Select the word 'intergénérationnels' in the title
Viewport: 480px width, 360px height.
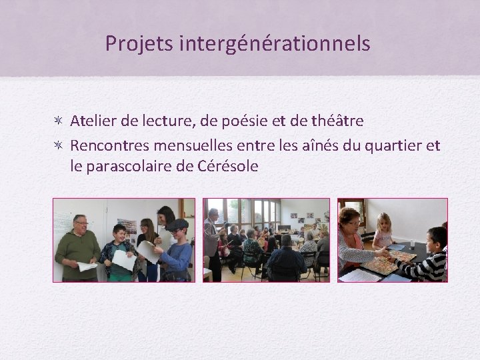[x=275, y=44]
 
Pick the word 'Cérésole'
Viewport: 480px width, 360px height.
[x=227, y=167]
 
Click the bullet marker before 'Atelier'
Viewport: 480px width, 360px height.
[x=59, y=121]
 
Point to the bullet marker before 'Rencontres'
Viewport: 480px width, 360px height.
[x=59, y=145]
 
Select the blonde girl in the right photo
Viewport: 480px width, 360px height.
[x=383, y=230]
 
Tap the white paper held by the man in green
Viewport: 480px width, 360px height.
[x=87, y=266]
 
